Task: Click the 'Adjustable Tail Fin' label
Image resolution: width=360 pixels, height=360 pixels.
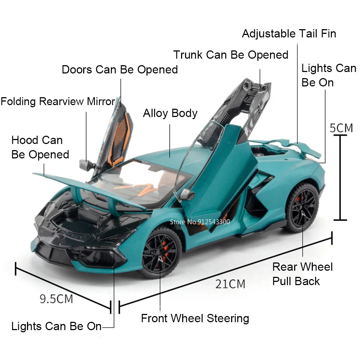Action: (289, 33)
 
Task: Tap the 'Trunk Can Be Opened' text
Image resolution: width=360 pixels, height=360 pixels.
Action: (231, 55)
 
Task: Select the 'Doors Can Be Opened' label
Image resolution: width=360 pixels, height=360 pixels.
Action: (120, 69)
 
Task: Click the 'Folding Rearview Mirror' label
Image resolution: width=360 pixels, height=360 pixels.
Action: (58, 101)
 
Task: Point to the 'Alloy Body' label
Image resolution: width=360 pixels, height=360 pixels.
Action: (170, 113)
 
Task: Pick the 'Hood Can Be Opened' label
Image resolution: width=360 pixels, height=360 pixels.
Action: (40, 147)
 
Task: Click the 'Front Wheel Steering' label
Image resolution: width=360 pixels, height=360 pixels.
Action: (195, 318)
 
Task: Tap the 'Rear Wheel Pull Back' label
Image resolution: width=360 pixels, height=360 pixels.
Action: (302, 274)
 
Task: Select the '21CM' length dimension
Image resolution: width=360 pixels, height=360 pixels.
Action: (230, 284)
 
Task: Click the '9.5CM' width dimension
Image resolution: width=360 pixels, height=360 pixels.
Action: (56, 298)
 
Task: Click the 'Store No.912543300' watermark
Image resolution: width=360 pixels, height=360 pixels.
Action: (200, 222)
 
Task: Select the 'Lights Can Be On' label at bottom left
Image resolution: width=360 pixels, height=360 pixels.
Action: (57, 327)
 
